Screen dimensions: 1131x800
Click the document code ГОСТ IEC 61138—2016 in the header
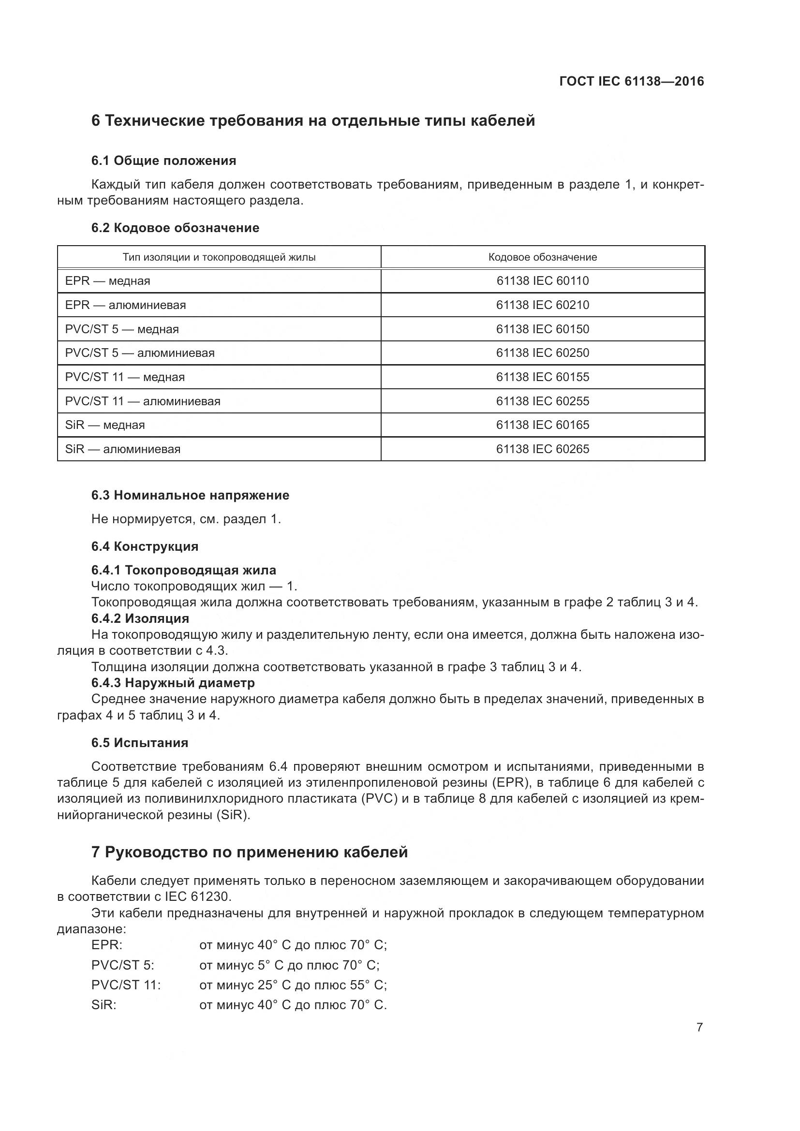[632, 81]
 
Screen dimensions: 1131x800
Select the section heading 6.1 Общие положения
[163, 161]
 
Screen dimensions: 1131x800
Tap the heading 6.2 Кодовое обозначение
[175, 228]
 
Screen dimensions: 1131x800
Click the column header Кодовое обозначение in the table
[542, 257]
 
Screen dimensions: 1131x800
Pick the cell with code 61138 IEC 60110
[542, 281]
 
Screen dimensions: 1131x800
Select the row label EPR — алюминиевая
[126, 305]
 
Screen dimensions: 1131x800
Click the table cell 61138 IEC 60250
[542, 353]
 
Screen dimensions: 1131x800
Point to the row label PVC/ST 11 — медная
[125, 377]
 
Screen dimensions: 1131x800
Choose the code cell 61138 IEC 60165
[542, 425]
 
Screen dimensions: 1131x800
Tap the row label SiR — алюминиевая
[123, 449]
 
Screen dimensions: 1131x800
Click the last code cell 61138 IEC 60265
[542, 449]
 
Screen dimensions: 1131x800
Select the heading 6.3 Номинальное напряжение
[190, 495]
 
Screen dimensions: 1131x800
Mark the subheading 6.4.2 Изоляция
[140, 618]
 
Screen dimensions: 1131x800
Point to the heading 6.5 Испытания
[139, 742]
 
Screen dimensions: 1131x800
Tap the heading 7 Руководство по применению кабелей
[249, 852]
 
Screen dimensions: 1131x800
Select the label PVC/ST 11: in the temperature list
[126, 984]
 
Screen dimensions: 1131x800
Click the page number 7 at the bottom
[699, 1027]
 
